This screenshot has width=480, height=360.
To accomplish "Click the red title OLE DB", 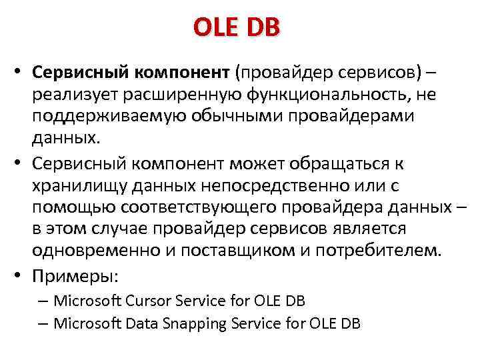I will pyautogui.click(x=237, y=28).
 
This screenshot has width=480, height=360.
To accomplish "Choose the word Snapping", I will pyautogui.click(x=194, y=325).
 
